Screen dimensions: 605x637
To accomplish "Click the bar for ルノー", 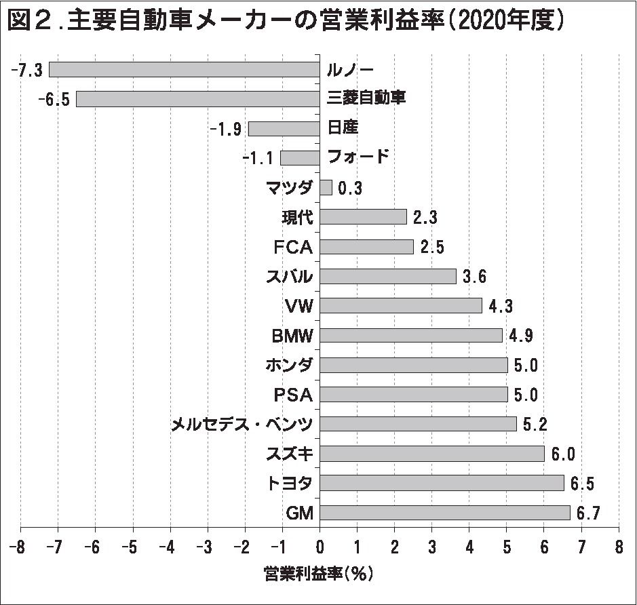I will tap(184, 70).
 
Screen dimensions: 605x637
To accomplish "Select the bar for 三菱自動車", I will tap(197, 99).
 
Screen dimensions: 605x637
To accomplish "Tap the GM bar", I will tap(444, 512).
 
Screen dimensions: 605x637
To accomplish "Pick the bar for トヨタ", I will tap(442, 483).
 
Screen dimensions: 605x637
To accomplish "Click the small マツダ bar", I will tap(326, 187).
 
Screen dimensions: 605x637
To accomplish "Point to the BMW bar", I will tap(411, 335).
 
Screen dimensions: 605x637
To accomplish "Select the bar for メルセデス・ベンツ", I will tap(418, 424).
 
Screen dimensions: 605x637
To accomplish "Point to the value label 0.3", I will tap(350, 188).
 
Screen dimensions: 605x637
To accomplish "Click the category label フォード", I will tap(358, 157).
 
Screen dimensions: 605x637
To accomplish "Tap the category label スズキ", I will tap(290, 453).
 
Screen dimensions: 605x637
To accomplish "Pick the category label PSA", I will tap(293, 394).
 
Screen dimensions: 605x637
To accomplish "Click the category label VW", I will tap(299, 306).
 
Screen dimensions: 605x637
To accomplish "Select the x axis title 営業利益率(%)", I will tap(318, 574).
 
